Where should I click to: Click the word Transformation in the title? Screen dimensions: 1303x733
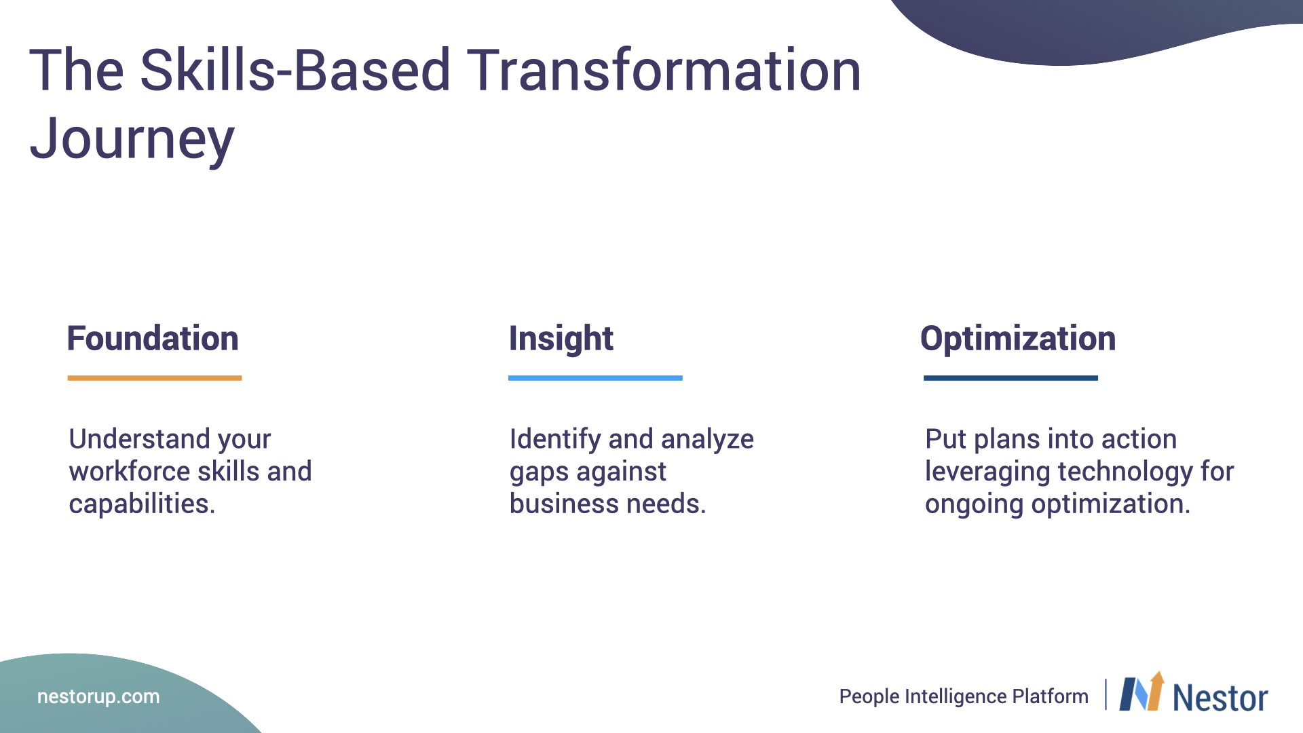point(664,70)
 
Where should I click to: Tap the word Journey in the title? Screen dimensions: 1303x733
point(132,140)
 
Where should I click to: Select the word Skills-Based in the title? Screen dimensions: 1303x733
point(295,70)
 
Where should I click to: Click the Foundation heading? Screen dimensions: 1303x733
point(153,338)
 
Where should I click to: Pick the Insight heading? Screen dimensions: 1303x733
point(561,339)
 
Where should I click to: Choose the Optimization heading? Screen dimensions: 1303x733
point(1018,339)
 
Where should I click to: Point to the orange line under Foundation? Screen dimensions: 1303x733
point(155,378)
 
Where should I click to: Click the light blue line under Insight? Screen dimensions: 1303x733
point(595,378)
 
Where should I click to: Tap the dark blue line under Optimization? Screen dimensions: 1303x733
point(1011,378)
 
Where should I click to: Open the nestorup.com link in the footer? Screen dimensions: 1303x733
point(98,697)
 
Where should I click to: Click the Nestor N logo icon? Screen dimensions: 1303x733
point(1141,692)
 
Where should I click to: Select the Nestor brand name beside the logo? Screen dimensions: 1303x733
point(1220,698)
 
